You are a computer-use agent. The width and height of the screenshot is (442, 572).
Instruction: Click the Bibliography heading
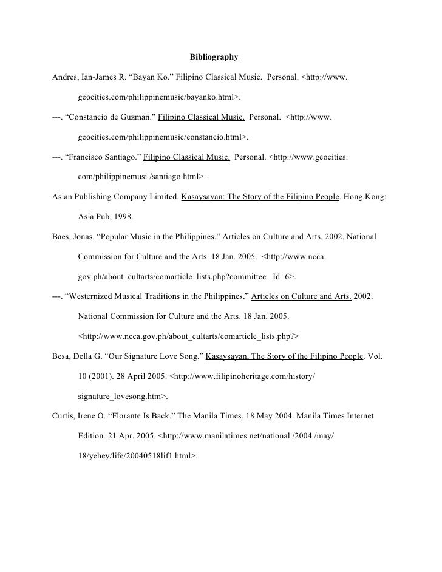(214, 58)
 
